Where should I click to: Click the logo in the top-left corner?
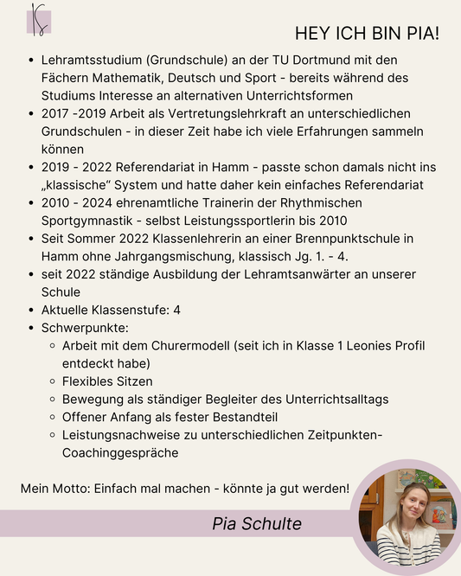click(39, 18)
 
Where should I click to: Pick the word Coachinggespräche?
click(120, 452)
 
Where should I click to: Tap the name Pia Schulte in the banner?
click(257, 524)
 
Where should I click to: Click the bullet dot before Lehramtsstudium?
click(31, 61)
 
